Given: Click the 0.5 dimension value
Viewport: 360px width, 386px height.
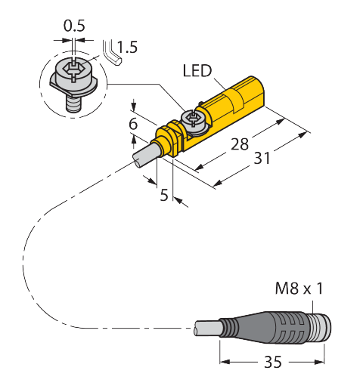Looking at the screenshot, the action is (74, 26).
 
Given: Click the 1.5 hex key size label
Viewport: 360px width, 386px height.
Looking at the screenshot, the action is (127, 47).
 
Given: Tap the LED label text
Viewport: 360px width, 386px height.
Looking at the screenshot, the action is (197, 70).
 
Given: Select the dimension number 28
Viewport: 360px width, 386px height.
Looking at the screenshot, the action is (240, 144).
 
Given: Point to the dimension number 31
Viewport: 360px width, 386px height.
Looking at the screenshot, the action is (262, 158).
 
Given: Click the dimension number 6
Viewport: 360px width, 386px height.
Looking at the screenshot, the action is (133, 124).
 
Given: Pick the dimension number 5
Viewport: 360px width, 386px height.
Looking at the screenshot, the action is (164, 195).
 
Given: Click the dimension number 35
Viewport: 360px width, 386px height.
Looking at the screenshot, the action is (273, 362).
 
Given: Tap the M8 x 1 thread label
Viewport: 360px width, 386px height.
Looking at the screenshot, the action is (299, 289).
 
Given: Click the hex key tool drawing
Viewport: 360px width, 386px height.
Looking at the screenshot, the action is (111, 54).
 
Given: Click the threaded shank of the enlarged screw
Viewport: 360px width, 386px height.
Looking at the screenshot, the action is (74, 105).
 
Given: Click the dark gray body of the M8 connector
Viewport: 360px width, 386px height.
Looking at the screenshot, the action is (267, 328).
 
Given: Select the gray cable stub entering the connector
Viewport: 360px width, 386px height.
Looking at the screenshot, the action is (207, 328).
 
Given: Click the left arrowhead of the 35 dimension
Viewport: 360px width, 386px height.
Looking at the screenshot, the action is (225, 362).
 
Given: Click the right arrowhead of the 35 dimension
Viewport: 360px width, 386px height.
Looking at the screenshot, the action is (319, 362).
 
